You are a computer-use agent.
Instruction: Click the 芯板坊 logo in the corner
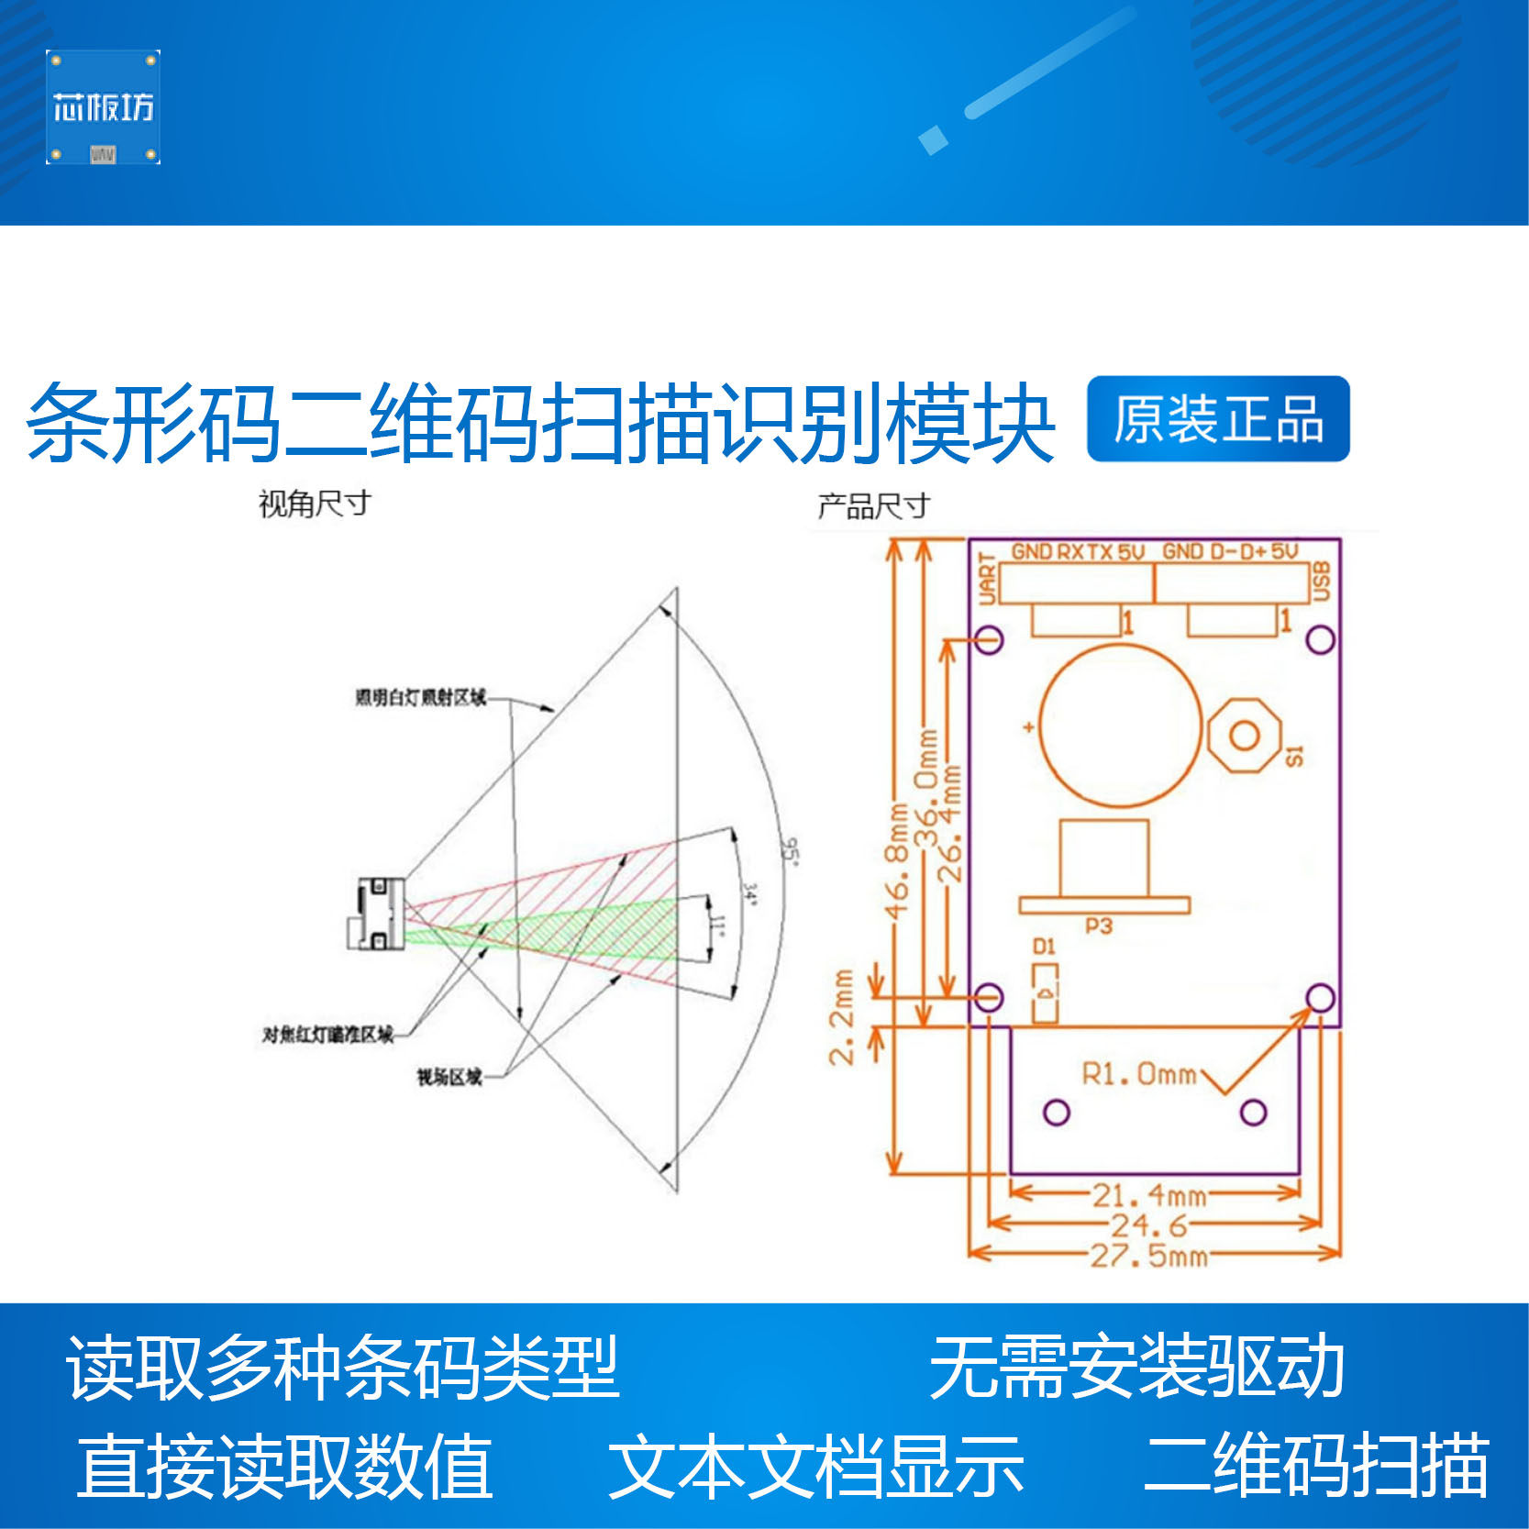103,107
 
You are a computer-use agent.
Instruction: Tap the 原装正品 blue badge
1217,419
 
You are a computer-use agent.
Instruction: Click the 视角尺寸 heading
315,504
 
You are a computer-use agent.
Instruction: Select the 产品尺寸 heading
873,505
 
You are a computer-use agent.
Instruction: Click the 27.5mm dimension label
1148,1255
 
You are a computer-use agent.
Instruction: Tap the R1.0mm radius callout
1139,1074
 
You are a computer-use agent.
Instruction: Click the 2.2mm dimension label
842,1016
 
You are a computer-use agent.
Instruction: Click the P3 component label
1098,926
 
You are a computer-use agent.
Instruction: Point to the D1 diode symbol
1045,992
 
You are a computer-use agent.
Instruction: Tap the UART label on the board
987,579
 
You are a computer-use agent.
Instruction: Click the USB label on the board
1322,582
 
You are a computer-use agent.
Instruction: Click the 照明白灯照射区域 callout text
420,698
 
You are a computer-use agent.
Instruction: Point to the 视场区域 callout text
449,1077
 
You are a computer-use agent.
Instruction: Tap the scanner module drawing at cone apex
377,913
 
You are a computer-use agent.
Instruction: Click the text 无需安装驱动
1136,1368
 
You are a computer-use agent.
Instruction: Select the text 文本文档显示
815,1466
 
